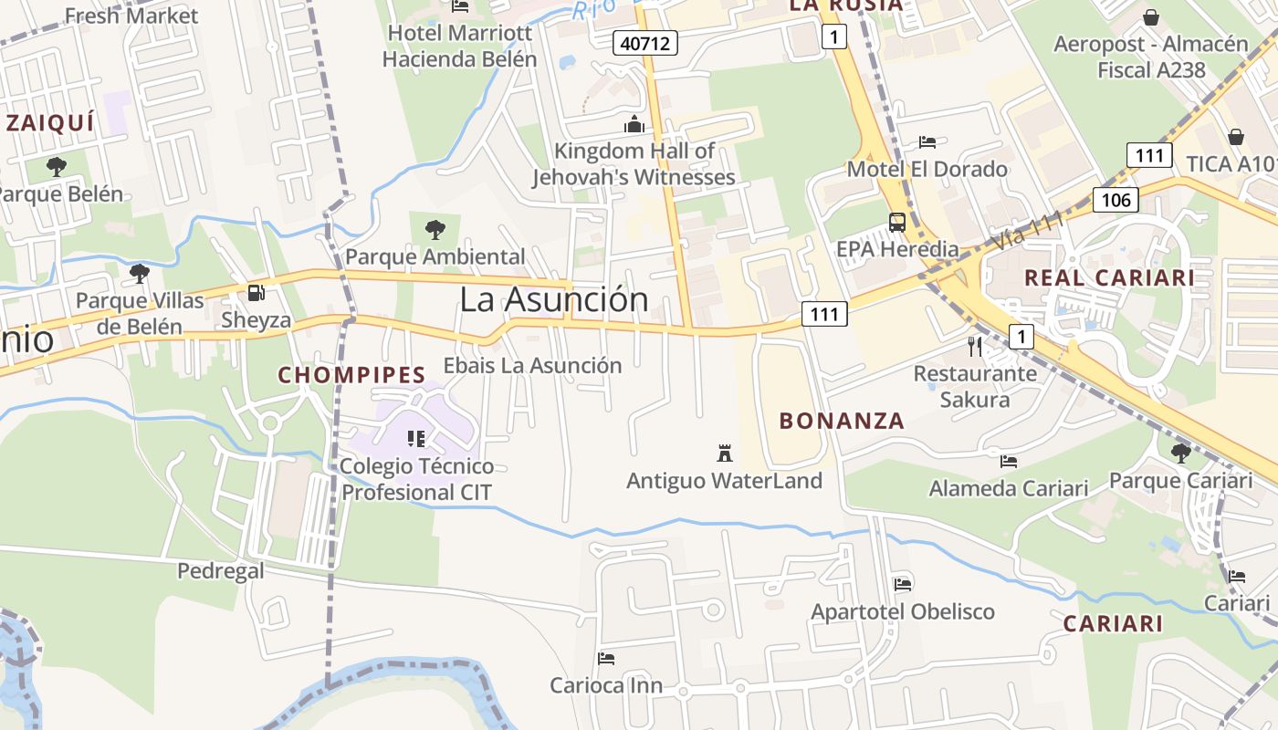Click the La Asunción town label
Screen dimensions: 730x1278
point(553,299)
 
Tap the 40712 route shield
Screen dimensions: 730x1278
point(645,42)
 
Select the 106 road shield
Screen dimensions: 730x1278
point(1116,200)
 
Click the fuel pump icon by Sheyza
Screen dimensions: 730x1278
point(257,293)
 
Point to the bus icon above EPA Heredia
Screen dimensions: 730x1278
point(897,222)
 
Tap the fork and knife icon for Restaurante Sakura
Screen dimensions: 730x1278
point(975,346)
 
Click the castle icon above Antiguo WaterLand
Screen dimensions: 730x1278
point(725,453)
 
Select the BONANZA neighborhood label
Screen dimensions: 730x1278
point(842,421)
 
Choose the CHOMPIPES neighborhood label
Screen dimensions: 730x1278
point(351,375)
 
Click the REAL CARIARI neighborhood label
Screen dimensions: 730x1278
point(1109,278)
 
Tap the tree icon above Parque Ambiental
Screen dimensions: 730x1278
point(435,229)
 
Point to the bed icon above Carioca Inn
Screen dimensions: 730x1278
point(606,658)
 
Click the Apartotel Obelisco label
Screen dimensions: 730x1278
point(903,611)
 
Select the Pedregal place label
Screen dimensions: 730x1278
point(220,571)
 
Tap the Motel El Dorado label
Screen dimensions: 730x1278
point(927,169)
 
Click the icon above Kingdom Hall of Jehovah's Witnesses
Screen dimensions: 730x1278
point(634,124)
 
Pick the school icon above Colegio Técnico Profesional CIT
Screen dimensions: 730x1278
point(416,439)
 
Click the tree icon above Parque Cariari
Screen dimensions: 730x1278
point(1180,452)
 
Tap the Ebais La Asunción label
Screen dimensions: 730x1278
point(532,365)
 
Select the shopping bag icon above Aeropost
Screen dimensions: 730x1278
point(1151,17)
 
